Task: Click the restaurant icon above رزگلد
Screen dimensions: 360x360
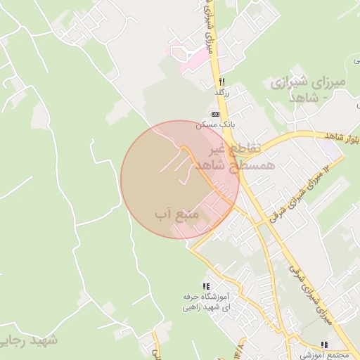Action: pos(222,82)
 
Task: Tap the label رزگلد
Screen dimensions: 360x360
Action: pos(222,92)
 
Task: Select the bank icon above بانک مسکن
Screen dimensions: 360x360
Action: pos(215,114)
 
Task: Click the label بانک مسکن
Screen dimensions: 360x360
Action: pos(215,124)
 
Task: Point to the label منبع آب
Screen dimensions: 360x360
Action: pos(178,212)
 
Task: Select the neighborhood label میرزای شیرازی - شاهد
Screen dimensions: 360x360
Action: pos(308,89)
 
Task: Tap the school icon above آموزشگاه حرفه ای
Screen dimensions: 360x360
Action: pos(206,287)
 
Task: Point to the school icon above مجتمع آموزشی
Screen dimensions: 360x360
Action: pos(324,345)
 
